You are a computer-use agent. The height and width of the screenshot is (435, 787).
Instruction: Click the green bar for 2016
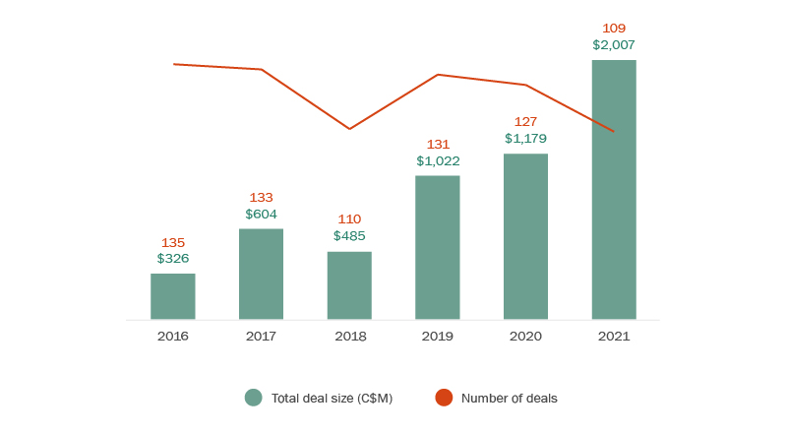(173, 296)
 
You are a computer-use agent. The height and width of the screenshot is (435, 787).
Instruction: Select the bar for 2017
(261, 274)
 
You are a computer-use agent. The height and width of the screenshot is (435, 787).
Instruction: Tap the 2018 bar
(349, 285)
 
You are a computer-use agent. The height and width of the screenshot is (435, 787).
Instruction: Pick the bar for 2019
(438, 247)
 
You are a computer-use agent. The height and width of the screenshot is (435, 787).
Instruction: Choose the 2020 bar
(525, 236)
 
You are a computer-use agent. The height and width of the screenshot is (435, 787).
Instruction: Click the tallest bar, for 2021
(614, 189)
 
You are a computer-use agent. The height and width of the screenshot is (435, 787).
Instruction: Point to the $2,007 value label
(614, 45)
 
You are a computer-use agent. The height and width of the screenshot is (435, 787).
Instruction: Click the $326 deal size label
(173, 259)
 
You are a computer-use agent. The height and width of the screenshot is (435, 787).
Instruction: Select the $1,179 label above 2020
(525, 139)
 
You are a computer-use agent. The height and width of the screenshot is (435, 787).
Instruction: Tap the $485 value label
(349, 236)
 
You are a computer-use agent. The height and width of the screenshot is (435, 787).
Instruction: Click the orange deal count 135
(173, 243)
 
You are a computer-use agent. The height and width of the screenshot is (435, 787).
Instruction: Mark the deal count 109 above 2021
(614, 29)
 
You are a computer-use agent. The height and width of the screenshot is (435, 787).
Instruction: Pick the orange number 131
(438, 145)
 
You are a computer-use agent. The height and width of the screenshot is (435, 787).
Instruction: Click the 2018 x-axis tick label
(349, 337)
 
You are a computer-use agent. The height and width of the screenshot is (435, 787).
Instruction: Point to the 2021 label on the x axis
(614, 337)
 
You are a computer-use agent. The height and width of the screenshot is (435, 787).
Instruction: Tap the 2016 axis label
(173, 337)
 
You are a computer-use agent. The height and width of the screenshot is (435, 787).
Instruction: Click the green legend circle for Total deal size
(254, 398)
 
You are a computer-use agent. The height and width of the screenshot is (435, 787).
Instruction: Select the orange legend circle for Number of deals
(444, 398)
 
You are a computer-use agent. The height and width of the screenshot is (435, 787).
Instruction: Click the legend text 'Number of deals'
(509, 399)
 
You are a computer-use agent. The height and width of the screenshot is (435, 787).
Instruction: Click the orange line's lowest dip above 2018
(349, 129)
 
